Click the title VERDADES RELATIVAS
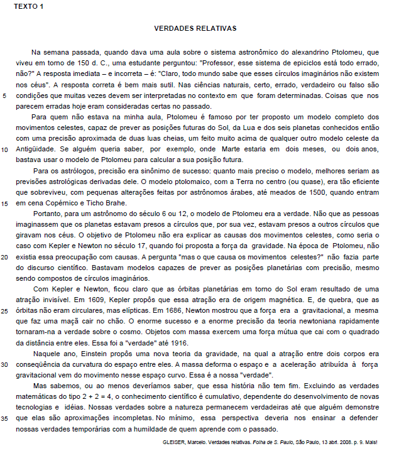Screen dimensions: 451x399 click(x=195, y=28)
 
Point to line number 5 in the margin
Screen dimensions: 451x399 click(x=5, y=96)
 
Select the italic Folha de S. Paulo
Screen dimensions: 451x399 click(x=241, y=441)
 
